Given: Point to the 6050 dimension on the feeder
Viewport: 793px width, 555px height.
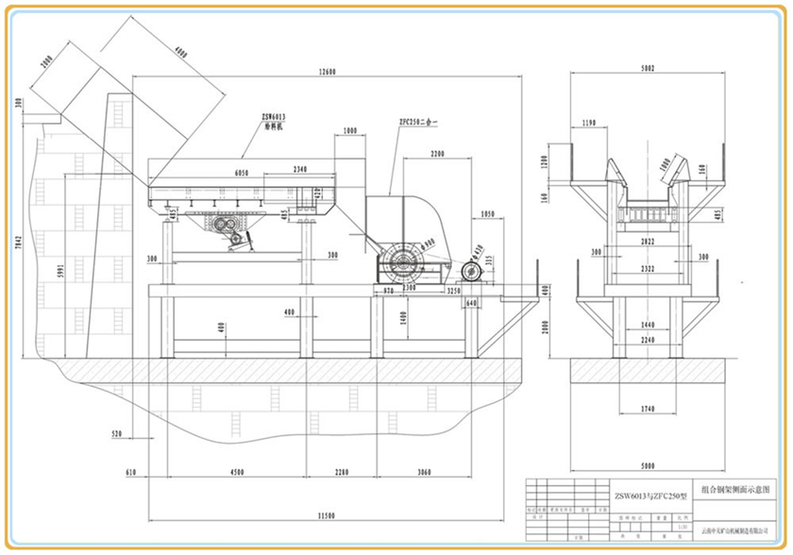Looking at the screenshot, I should (x=241, y=173).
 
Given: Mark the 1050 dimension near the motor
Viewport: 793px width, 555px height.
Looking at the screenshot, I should (x=487, y=214).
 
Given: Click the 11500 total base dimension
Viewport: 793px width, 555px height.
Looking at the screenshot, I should (x=328, y=515).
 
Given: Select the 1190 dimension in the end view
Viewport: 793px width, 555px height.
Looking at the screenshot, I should (x=590, y=124).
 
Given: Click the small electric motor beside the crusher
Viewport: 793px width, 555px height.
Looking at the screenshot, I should (x=471, y=273).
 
